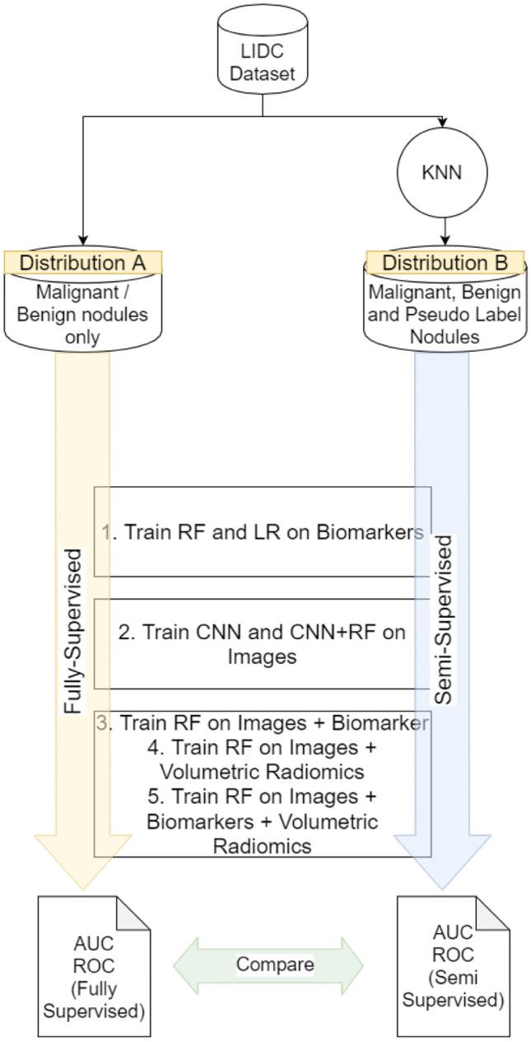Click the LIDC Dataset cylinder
click(x=262, y=50)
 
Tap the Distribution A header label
click(x=82, y=263)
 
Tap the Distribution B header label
click(x=445, y=263)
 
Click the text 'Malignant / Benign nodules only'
click(x=82, y=314)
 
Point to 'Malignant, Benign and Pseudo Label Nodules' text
click(x=445, y=314)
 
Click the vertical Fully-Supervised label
click(x=73, y=630)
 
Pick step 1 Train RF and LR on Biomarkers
click(x=263, y=532)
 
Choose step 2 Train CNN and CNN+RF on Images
click(x=263, y=644)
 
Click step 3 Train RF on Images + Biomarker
click(x=263, y=723)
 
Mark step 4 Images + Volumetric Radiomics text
click(x=263, y=760)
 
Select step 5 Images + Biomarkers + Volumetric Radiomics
click(x=263, y=821)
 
